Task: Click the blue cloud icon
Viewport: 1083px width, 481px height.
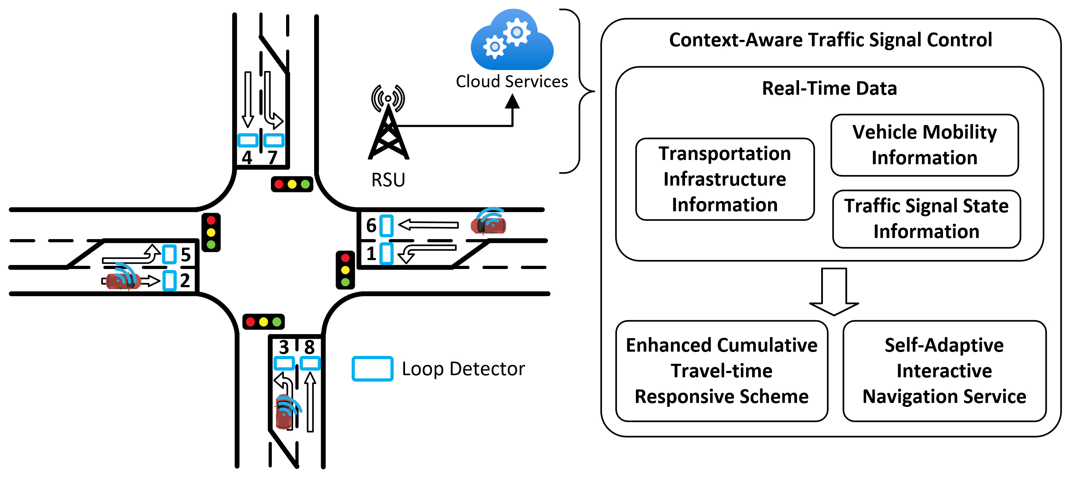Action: pos(512,42)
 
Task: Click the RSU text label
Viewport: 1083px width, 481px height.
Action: pos(388,180)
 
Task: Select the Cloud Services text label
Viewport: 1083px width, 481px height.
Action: pos(512,82)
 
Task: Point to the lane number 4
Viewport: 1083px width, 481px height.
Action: pos(247,158)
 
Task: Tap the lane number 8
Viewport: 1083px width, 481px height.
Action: pos(310,347)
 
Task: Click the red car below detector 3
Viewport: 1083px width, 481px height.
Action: pos(285,412)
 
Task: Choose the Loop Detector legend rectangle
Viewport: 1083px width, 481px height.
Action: pos(373,369)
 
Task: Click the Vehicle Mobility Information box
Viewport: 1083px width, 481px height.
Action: pos(924,145)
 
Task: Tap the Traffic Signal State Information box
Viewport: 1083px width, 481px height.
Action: pos(926,219)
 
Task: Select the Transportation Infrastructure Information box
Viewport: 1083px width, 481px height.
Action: pos(725,179)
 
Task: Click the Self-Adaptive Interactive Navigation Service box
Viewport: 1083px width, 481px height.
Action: pos(944,371)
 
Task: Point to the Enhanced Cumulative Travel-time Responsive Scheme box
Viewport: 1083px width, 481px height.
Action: pos(721,371)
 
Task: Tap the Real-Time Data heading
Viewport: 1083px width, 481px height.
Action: pos(829,89)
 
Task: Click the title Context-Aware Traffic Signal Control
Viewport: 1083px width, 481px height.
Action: pos(830,40)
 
